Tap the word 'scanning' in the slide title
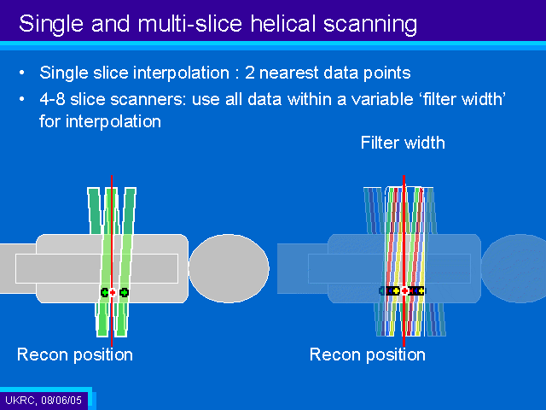pyautogui.click(x=369, y=25)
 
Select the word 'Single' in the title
pyautogui.click(x=51, y=25)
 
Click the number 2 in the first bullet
pyautogui.click(x=250, y=73)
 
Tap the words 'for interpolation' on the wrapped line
pyautogui.click(x=100, y=121)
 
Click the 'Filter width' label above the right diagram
pyautogui.click(x=403, y=143)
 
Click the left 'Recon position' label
pyautogui.click(x=75, y=355)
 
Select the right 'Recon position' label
pyautogui.click(x=368, y=355)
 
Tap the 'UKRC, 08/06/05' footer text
pyautogui.click(x=44, y=400)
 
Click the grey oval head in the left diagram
pyautogui.click(x=229, y=268)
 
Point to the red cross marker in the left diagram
pyautogui.click(x=112, y=292)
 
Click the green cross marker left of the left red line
pyautogui.click(x=104, y=292)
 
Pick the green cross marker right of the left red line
pyautogui.click(x=124, y=292)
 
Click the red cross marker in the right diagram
pyautogui.click(x=404, y=290)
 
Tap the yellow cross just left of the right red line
pyautogui.click(x=396, y=290)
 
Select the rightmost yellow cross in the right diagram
pyautogui.click(x=421, y=290)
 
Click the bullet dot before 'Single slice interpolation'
pyautogui.click(x=22, y=73)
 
